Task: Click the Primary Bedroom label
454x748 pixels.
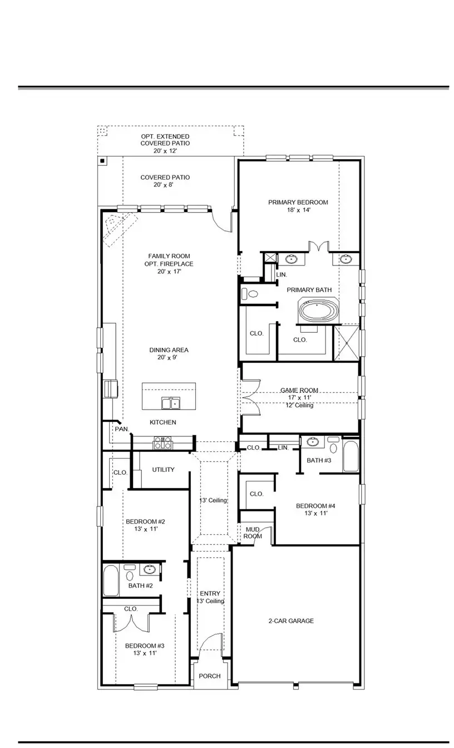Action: [298, 203]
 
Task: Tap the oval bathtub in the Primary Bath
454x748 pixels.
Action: [318, 310]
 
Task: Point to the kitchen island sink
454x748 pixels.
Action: [170, 403]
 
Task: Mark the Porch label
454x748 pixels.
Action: [210, 676]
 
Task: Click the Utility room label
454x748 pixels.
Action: [163, 470]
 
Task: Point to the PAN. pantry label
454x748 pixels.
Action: [121, 429]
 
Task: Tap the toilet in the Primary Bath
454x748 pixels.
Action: [250, 294]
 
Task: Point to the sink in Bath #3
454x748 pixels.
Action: [313, 442]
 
